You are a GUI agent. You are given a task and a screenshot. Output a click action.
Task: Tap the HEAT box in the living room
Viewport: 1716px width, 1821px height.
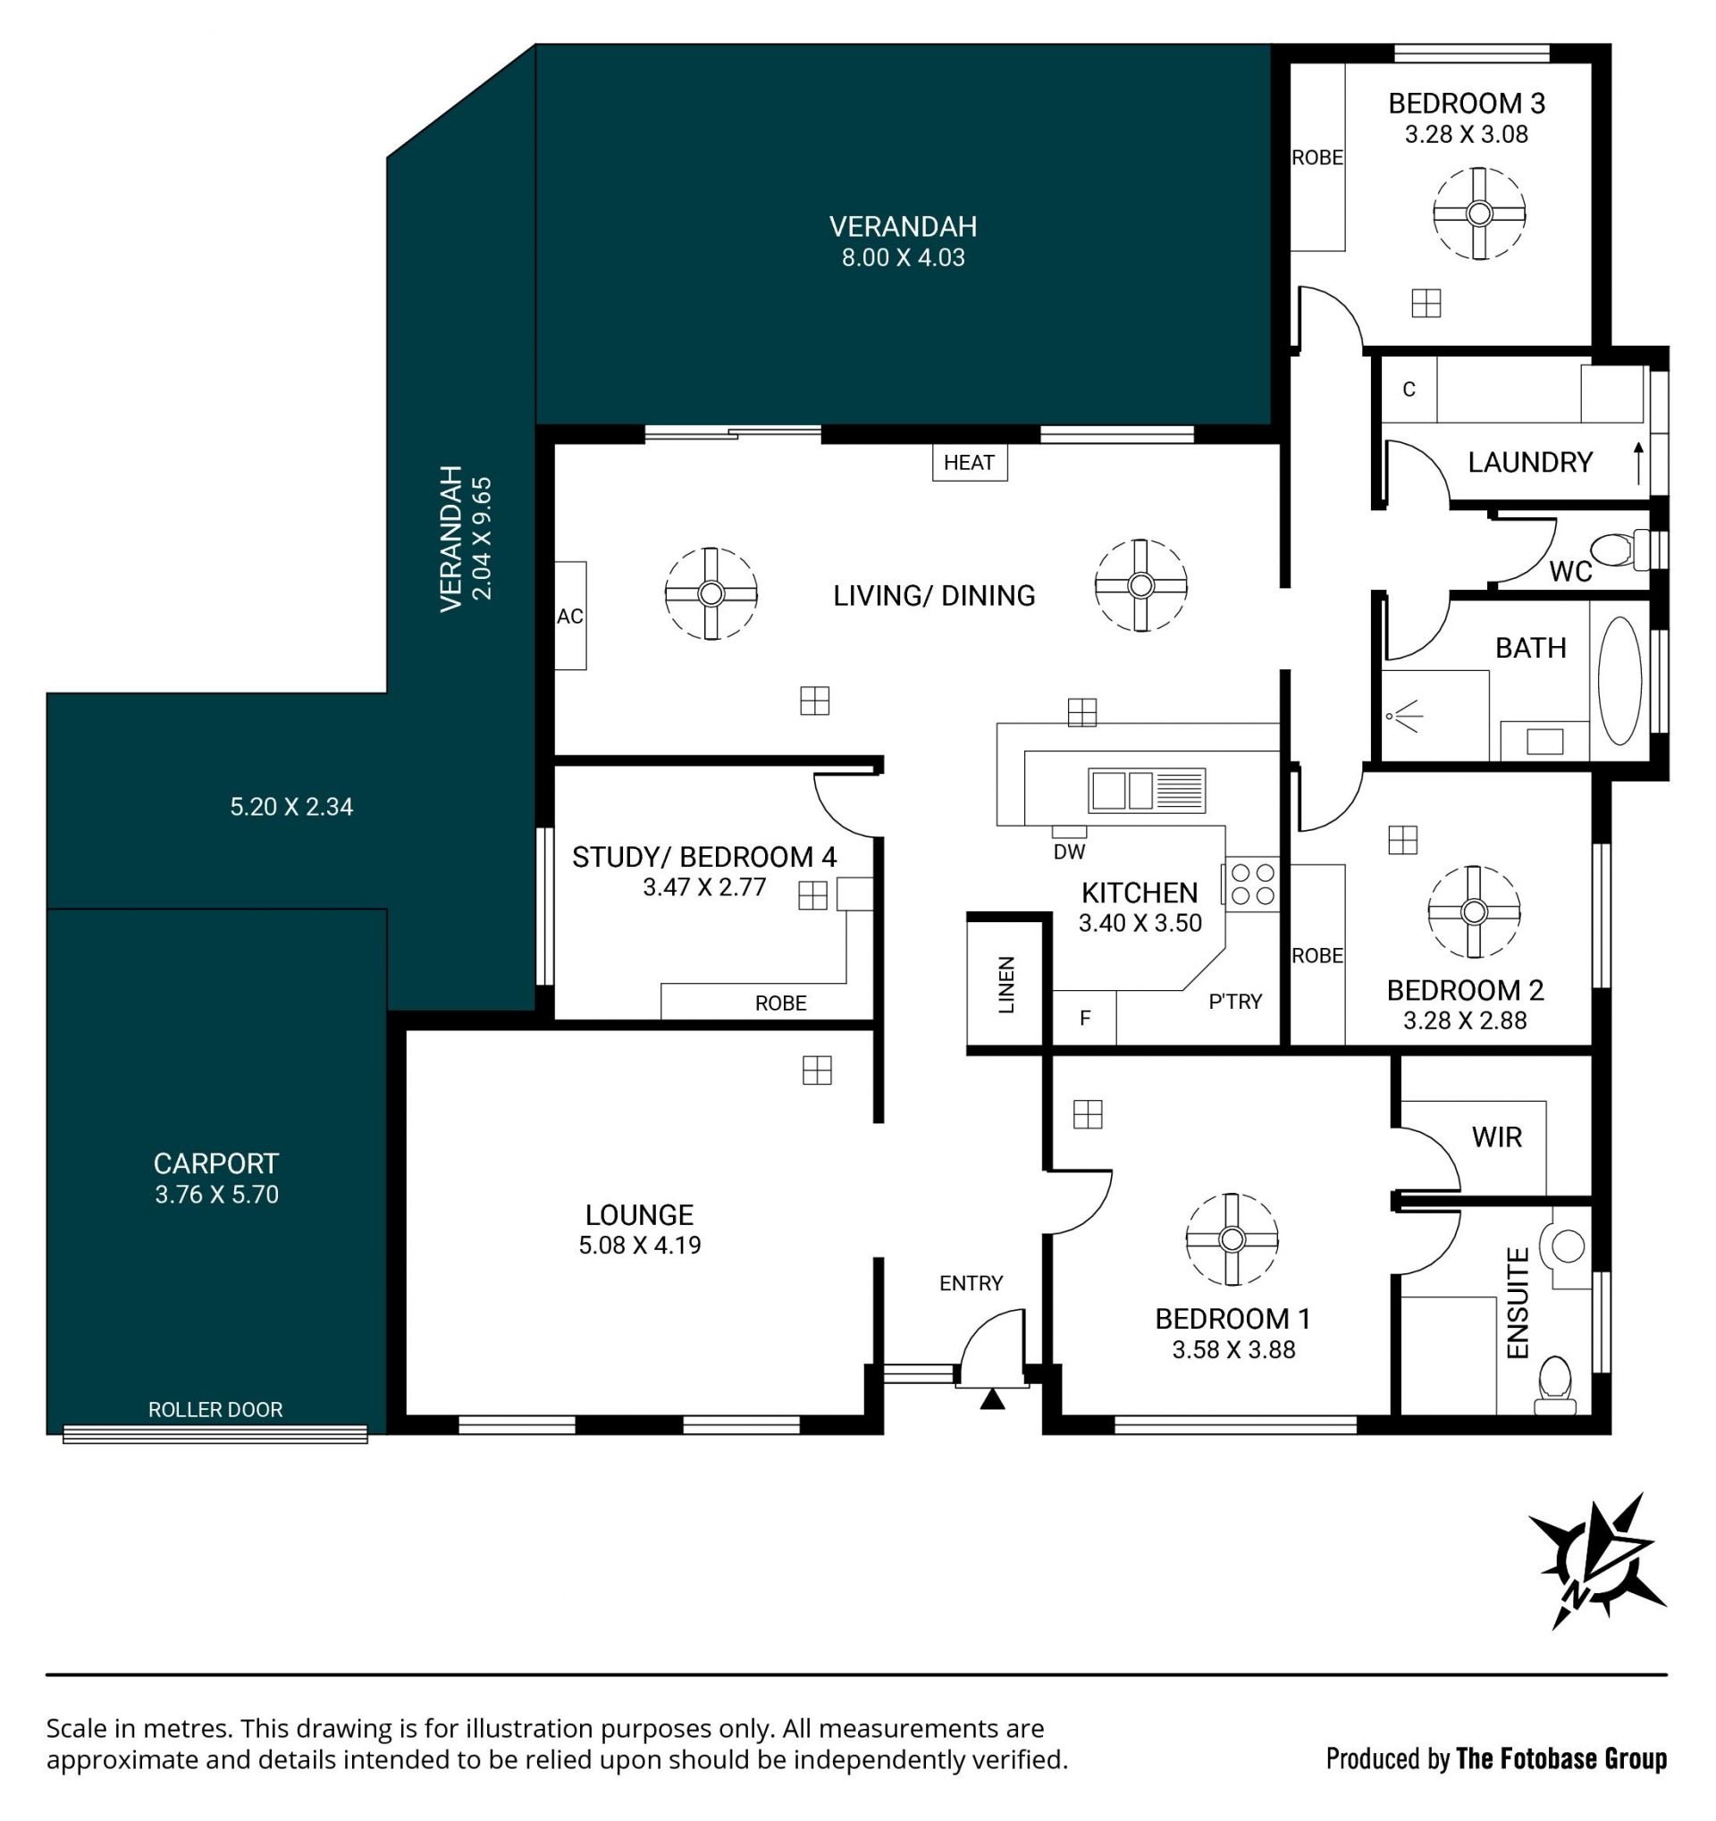pos(970,463)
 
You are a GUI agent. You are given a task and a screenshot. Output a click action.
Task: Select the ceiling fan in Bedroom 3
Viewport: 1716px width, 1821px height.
pos(1479,214)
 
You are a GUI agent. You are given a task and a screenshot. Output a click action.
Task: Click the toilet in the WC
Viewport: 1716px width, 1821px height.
pos(1619,550)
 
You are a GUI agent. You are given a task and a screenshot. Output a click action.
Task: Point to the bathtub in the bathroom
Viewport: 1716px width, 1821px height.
pos(1619,680)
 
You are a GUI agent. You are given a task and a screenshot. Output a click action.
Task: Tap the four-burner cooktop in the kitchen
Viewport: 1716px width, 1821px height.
pos(1251,884)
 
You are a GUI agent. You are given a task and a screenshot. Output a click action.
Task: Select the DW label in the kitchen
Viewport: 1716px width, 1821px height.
pos(1069,852)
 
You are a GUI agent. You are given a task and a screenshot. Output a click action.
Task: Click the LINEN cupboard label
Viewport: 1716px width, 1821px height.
pos(1007,984)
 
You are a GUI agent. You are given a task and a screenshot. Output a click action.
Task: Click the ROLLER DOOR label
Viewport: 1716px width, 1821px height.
pos(215,1410)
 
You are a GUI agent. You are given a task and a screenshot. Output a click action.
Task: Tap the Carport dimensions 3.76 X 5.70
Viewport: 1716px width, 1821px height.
pos(216,1195)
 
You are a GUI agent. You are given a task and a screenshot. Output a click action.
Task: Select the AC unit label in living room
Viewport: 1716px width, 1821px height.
pos(570,617)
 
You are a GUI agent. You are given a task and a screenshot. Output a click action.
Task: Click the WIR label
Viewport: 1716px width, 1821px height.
pos(1497,1137)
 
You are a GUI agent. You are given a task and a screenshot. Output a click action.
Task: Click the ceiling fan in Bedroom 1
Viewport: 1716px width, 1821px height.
pos(1232,1239)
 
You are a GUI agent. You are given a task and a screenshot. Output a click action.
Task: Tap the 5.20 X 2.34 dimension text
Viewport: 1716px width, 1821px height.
pos(291,806)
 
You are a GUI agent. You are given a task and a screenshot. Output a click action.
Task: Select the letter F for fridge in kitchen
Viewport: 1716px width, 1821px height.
pos(1086,1018)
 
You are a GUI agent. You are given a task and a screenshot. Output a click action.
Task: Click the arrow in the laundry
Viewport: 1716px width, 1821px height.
pos(1638,464)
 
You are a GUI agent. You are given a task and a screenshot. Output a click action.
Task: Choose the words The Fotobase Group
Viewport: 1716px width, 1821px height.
pos(1561,1758)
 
